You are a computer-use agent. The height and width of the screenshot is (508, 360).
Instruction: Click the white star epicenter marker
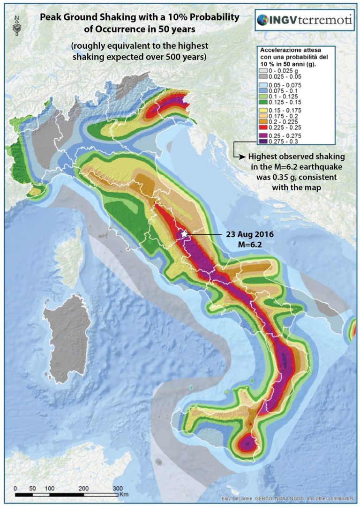(185, 233)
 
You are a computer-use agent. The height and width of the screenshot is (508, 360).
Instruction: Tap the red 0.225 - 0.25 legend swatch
(266, 127)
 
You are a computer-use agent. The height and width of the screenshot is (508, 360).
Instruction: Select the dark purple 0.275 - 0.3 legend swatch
(266, 140)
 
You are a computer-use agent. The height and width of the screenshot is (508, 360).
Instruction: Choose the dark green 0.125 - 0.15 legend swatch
(266, 101)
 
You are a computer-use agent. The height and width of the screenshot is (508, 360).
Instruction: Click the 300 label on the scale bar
(118, 488)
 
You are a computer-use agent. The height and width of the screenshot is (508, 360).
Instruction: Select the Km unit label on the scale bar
(124, 494)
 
